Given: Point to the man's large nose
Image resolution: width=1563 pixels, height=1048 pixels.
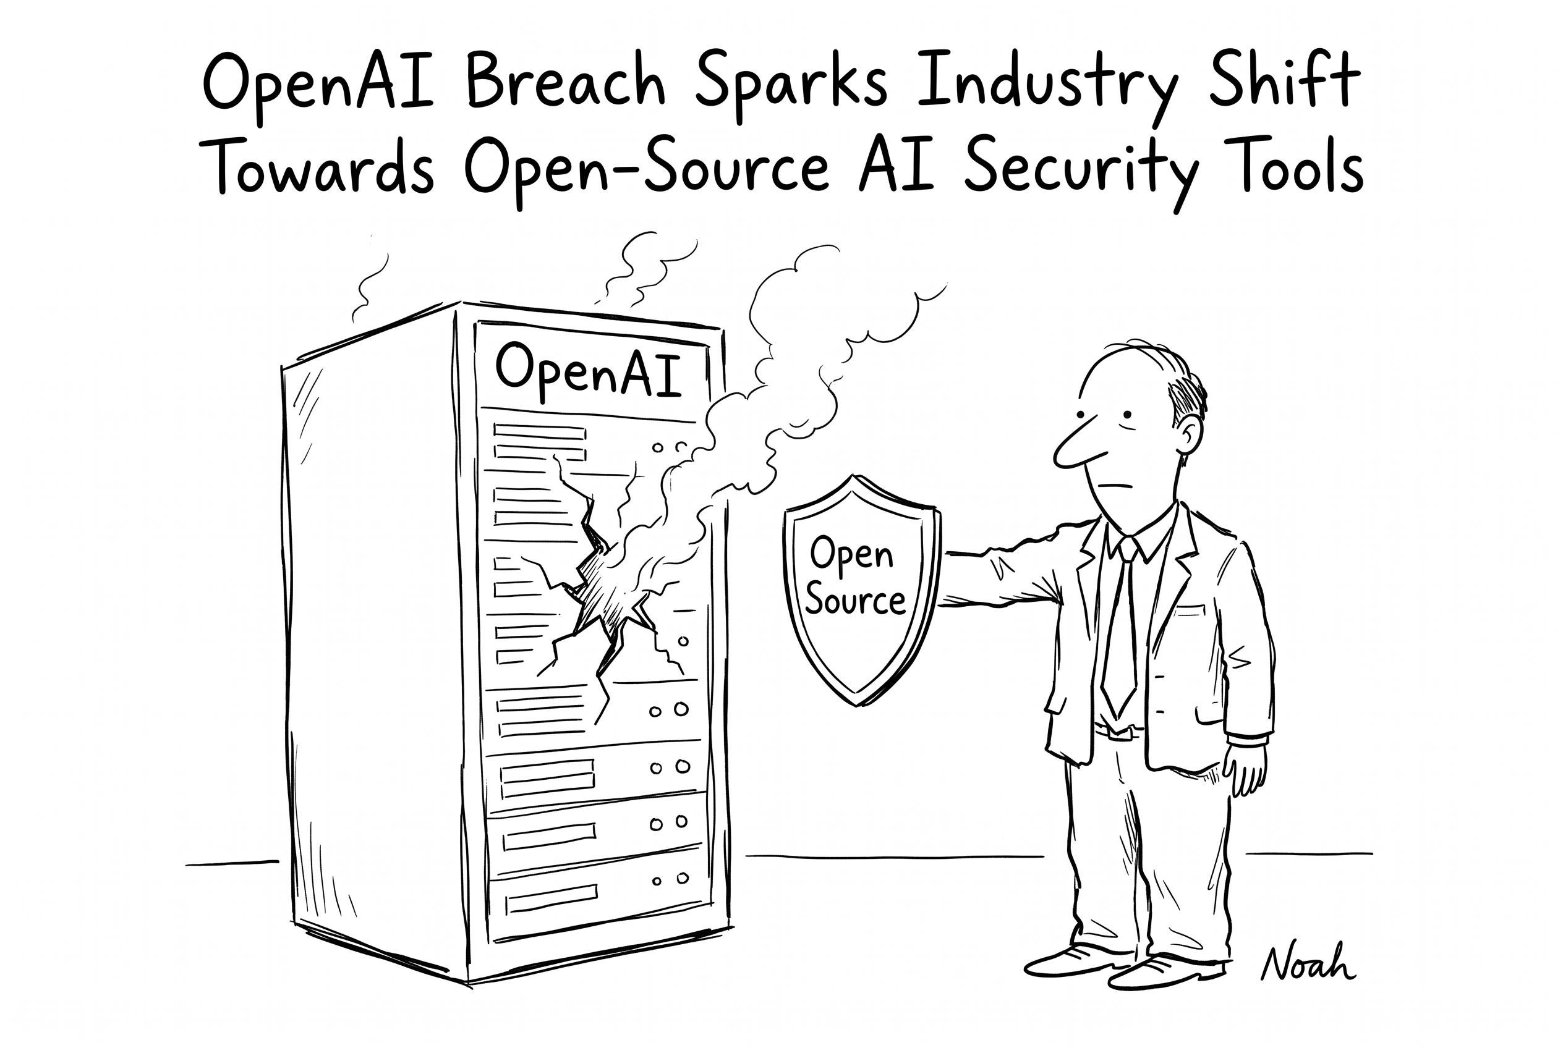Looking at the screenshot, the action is click(1078, 444).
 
